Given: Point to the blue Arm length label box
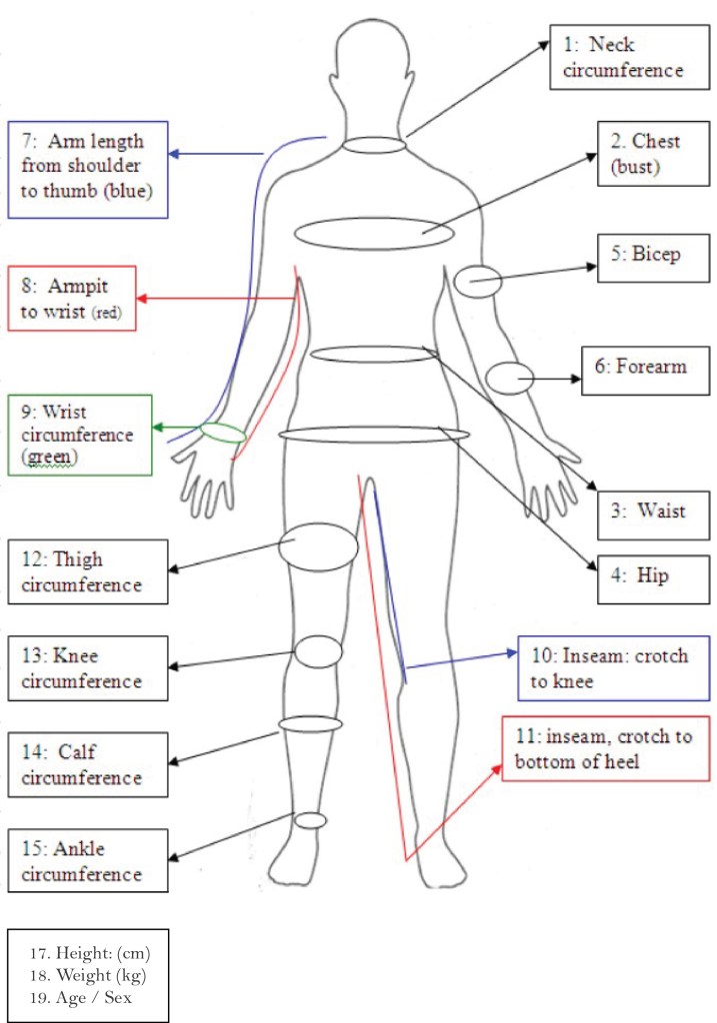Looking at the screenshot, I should [87, 169].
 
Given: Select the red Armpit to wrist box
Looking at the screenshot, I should [71, 299].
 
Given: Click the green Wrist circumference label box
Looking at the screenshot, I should [79, 435].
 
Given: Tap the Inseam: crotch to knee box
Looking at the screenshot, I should [613, 668].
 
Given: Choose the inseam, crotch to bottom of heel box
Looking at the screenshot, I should [606, 748].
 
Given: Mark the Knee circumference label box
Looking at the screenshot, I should [87, 668].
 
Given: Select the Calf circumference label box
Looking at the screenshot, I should [87, 764].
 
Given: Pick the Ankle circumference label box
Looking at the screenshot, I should [87, 860].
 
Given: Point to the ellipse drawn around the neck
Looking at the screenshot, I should [376, 146].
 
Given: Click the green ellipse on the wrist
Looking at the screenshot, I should [223, 433].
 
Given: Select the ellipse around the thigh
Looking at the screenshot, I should [318, 545].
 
